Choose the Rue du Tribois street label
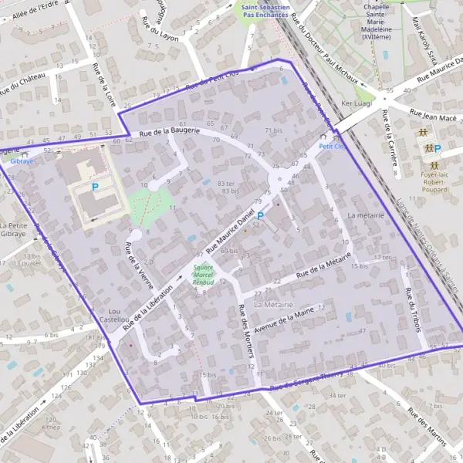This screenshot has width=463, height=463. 413,310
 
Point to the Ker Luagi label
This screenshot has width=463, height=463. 356,103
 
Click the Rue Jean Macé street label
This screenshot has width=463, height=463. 433,113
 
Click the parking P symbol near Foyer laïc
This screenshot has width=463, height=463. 438,149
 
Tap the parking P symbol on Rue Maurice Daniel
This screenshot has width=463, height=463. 260,217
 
